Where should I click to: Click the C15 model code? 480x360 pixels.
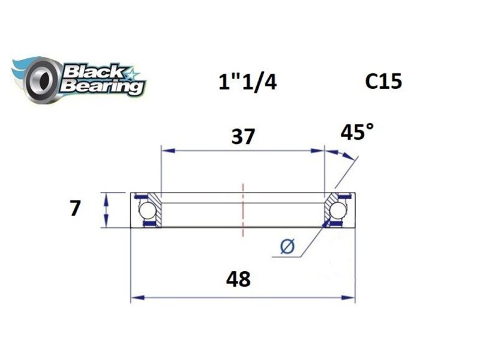(x=383, y=81)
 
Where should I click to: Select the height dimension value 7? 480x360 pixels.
(x=75, y=209)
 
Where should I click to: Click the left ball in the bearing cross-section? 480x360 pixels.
(x=146, y=211)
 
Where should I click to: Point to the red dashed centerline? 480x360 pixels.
(x=242, y=210)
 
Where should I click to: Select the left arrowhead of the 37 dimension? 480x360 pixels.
(x=164, y=150)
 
